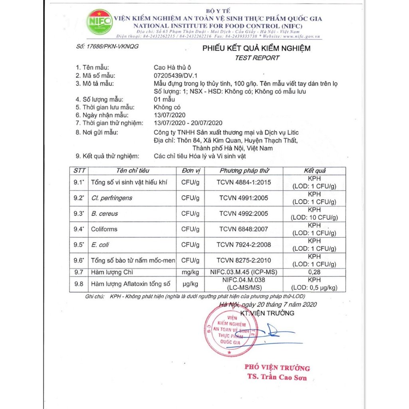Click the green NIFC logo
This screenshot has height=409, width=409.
pos(100,22)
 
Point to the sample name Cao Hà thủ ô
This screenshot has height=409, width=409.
pos(173,68)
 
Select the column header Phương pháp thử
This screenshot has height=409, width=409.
pos(244,171)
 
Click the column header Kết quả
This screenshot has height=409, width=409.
pos(315,171)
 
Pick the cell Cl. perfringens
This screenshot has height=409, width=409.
pos(111,198)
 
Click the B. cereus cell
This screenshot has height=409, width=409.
pos(105,214)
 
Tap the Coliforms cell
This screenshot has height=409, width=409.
pos(104,229)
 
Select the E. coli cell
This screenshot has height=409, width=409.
pos(100,245)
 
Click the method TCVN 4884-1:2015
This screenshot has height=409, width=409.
pos(244,183)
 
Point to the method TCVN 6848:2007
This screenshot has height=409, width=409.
pos(244,229)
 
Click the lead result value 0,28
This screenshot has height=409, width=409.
pos(315,272)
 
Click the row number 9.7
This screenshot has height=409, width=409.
pos(79,272)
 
